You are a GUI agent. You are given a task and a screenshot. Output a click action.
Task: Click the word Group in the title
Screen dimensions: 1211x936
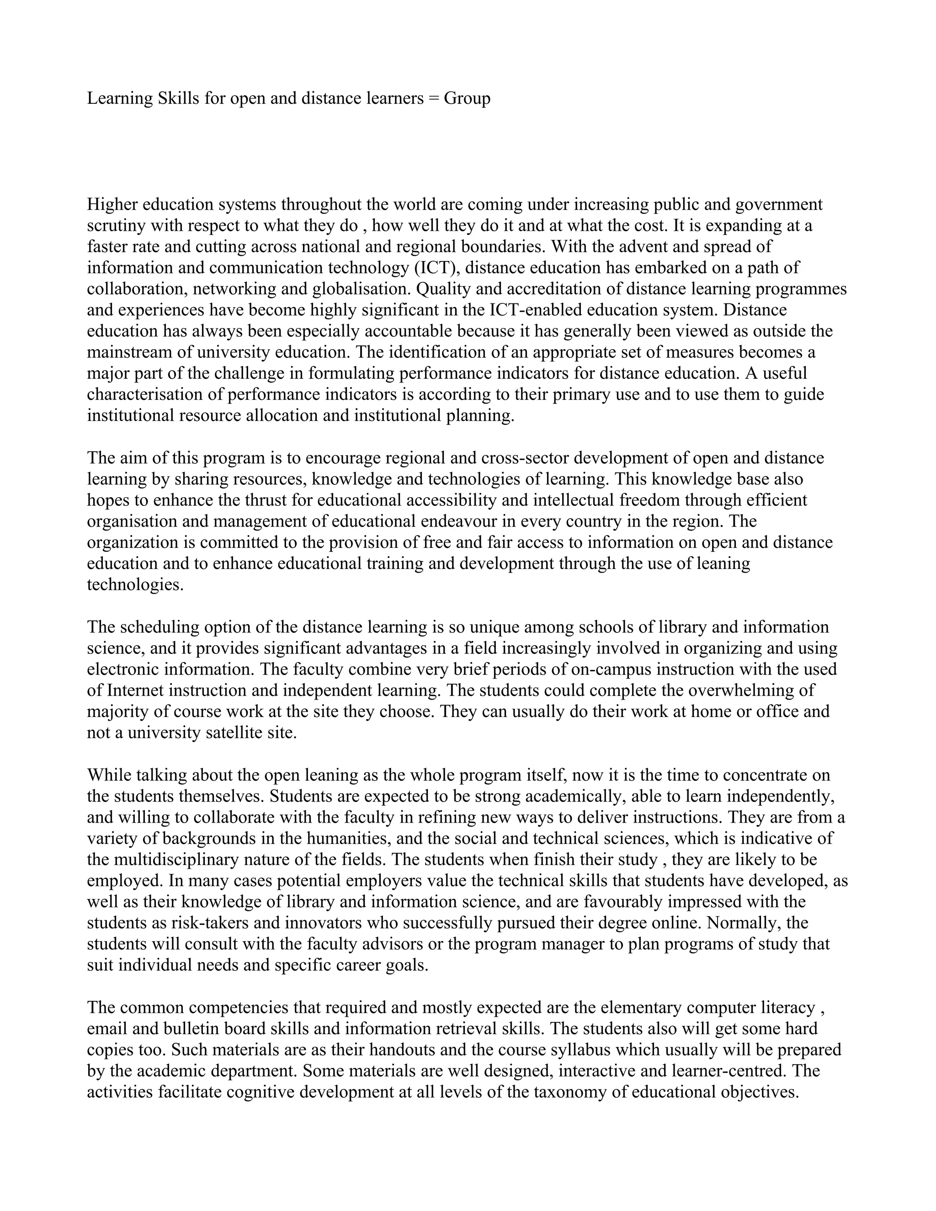[467, 99]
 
